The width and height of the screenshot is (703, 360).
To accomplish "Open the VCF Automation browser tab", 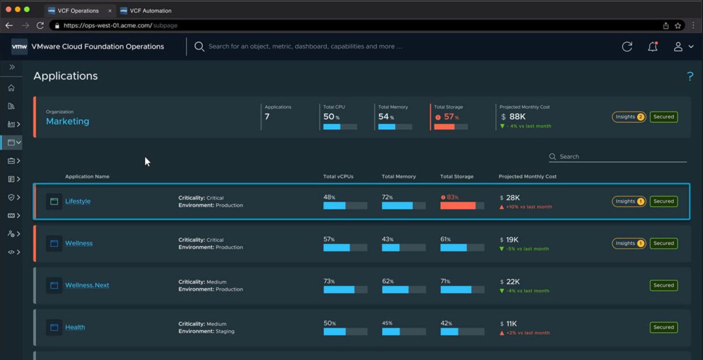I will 150,11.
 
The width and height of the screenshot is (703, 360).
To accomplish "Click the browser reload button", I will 40,25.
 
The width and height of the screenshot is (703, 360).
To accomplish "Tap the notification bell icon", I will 653,47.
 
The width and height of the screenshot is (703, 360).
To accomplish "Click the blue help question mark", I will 690,76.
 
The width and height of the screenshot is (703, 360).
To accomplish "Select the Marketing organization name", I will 68,121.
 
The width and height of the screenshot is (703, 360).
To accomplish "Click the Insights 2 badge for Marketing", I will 629,117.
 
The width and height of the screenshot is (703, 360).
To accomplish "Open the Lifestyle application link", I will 78,201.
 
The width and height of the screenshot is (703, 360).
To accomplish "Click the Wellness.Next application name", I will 87,285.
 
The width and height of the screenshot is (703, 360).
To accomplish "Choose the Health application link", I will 75,327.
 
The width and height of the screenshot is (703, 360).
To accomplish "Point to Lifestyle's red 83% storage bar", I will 458,206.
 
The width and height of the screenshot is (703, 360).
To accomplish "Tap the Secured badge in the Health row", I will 664,327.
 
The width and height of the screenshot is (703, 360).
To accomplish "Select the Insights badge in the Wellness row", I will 629,243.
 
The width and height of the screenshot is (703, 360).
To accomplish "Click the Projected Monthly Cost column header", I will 528,176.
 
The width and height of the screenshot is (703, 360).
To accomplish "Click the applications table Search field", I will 618,156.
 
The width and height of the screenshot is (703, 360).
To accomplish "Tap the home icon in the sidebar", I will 11,88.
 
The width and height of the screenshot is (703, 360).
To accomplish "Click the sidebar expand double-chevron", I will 12,67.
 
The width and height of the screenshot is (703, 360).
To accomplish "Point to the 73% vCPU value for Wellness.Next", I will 329,281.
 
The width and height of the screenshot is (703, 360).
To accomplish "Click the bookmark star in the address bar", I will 678,26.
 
